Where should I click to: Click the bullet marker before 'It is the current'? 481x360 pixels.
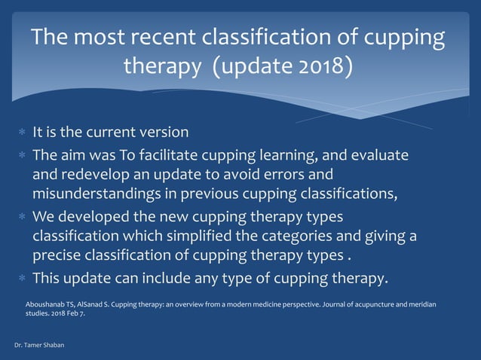[22, 133]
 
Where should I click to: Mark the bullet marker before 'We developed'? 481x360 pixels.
[22, 217]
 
